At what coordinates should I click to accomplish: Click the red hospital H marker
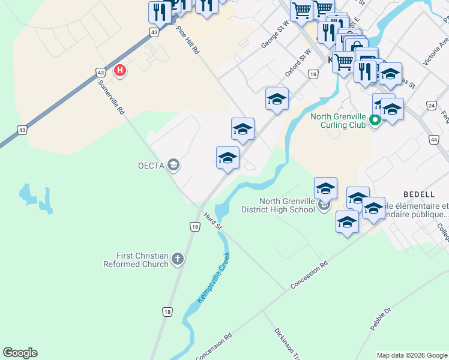[120, 71]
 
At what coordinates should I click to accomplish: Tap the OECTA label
[152, 165]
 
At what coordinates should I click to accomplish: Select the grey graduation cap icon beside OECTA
[173, 165]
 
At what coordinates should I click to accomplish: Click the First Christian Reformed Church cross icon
[177, 259]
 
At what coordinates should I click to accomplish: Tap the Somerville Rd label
[112, 97]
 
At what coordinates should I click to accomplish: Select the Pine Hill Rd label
[187, 40]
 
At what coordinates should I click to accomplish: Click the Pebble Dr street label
[381, 319]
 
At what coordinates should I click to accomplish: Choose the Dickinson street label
[286, 343]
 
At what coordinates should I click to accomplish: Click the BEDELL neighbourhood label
[419, 194]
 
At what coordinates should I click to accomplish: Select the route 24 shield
[431, 105]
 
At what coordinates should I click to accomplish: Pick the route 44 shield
[433, 139]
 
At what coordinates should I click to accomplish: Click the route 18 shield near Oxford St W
[313, 74]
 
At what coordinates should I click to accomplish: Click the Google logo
[20, 353]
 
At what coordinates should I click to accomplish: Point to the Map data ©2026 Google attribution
[411, 355]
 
